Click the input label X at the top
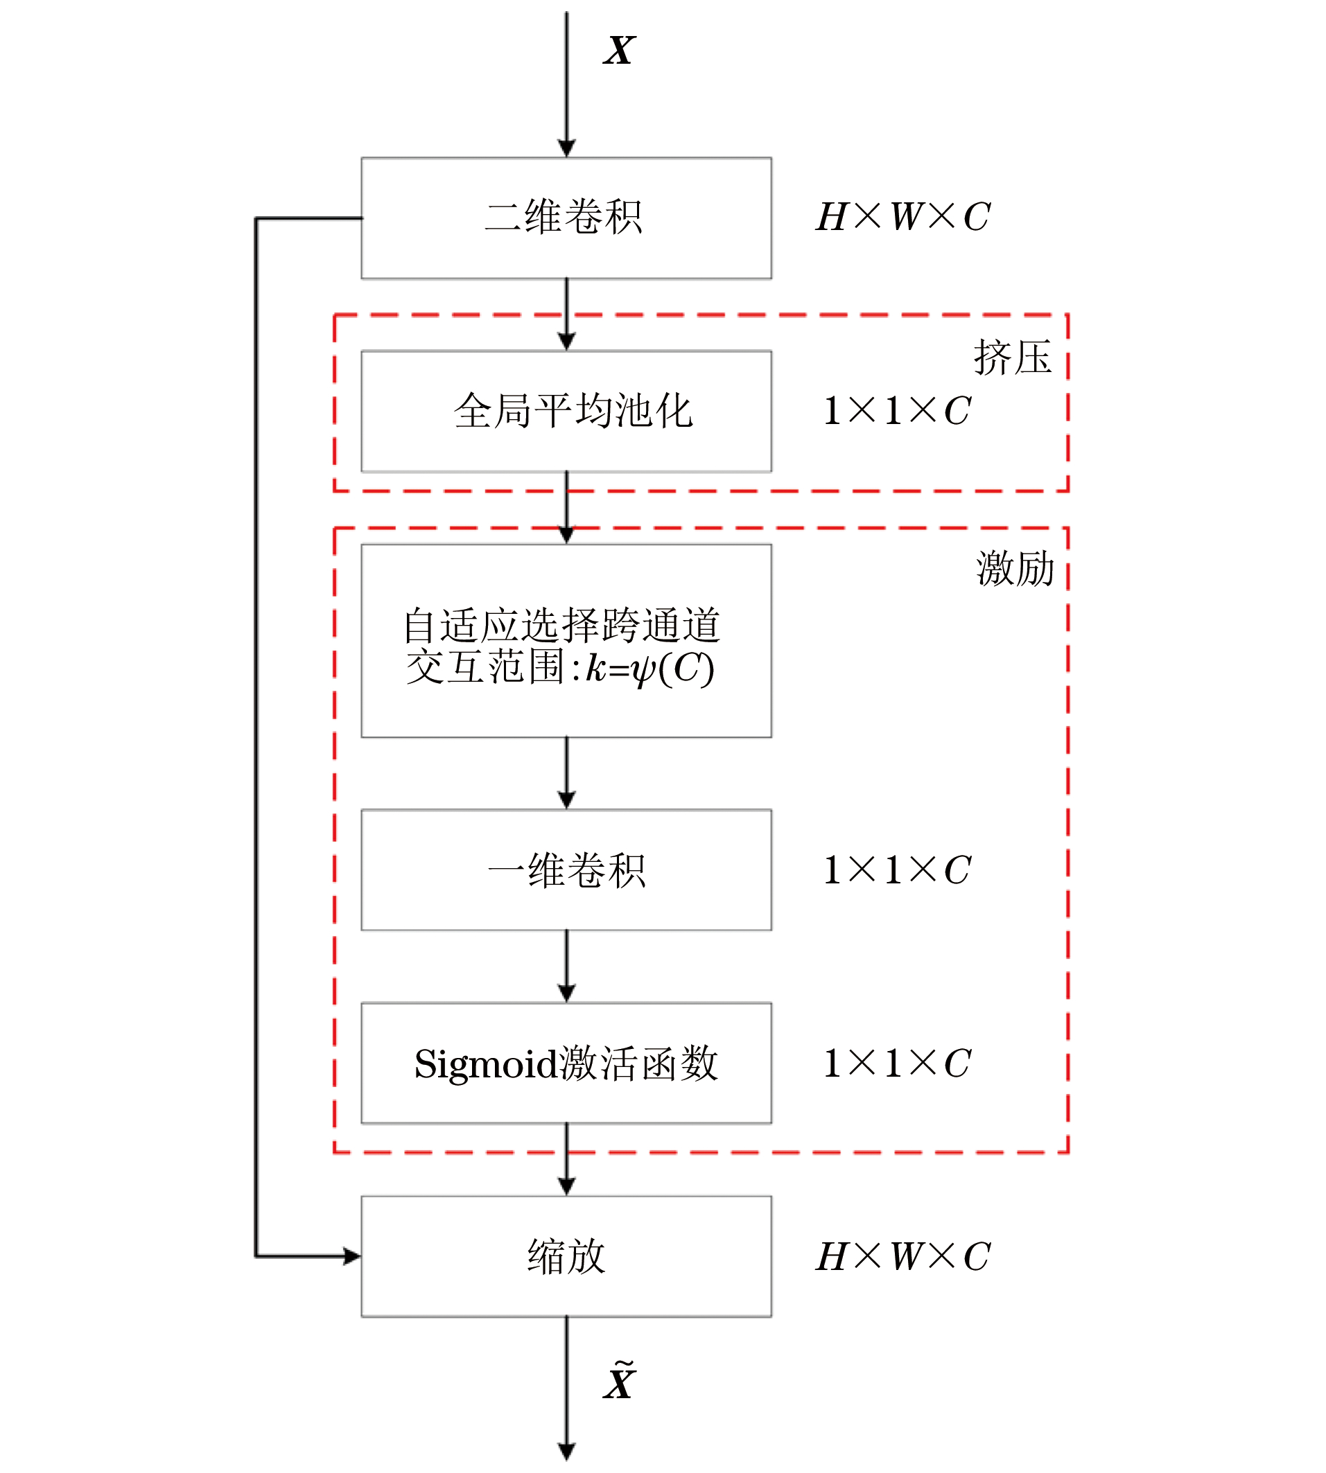pos(619,51)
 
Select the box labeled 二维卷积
pos(566,218)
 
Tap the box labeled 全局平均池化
pos(566,412)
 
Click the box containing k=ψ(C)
pos(566,641)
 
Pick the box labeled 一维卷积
pos(566,870)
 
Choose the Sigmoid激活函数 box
pos(566,1063)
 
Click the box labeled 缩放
pos(566,1257)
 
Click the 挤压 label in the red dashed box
pos(1012,358)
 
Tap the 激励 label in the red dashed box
pos(1015,569)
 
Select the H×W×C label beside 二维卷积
pos(902,217)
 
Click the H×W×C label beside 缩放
pos(902,1257)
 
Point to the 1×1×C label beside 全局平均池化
pos(896,411)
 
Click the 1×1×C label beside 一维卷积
pos(896,870)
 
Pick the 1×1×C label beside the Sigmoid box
pos(896,1063)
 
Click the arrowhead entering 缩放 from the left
pos(353,1256)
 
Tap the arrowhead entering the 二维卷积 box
pos(566,148)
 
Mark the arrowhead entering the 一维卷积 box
pos(566,800)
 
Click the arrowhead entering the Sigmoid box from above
pos(566,993)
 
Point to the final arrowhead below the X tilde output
pos(566,1451)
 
